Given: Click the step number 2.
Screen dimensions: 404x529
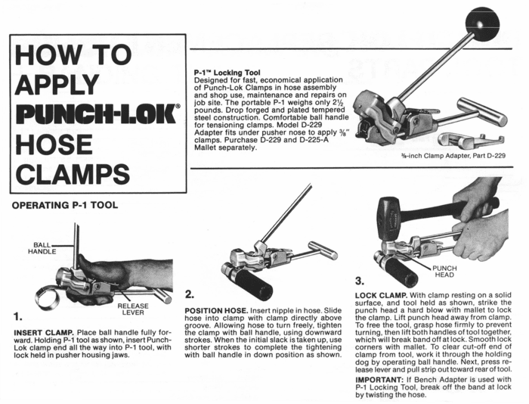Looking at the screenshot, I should click(x=190, y=294).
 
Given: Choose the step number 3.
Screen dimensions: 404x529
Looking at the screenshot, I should click(x=360, y=279).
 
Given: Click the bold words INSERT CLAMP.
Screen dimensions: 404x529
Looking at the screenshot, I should click(x=45, y=332).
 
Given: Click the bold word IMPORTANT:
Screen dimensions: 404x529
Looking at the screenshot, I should click(x=384, y=378).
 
